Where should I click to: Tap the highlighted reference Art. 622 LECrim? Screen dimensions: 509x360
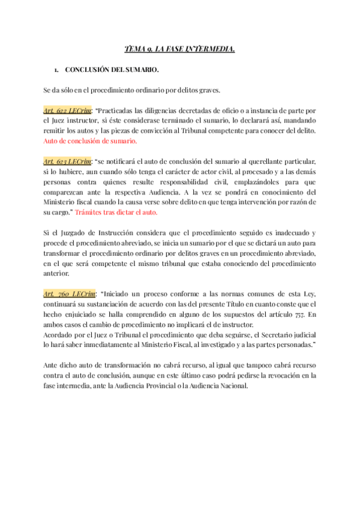(67, 111)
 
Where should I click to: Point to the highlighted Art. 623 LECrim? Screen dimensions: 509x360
(67, 162)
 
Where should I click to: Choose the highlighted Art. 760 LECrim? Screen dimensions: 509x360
(66, 294)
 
